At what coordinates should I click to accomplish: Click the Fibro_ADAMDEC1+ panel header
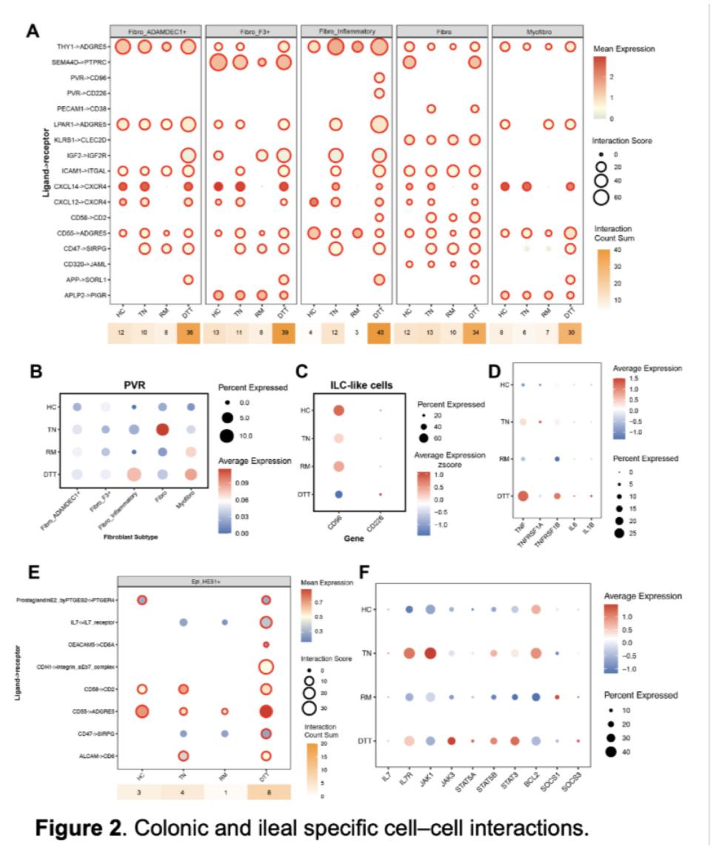coord(155,30)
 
